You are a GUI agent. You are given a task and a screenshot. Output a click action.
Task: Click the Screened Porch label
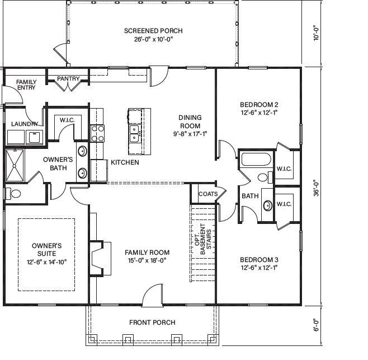153,31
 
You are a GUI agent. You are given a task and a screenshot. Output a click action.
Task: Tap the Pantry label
68,79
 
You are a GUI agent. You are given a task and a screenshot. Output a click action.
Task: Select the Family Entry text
26,85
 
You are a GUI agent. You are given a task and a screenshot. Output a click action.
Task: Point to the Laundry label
24,124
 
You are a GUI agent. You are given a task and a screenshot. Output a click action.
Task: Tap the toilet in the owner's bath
13,194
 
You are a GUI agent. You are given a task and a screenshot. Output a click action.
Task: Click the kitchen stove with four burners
98,133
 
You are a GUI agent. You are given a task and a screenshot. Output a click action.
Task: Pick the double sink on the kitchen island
135,133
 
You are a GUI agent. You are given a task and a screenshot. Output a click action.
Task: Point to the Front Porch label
152,322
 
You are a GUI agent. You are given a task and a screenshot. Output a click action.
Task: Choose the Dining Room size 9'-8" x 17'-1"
190,133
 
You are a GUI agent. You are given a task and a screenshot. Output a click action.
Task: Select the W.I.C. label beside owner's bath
67,120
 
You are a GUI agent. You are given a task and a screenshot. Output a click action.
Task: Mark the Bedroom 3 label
259,260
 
